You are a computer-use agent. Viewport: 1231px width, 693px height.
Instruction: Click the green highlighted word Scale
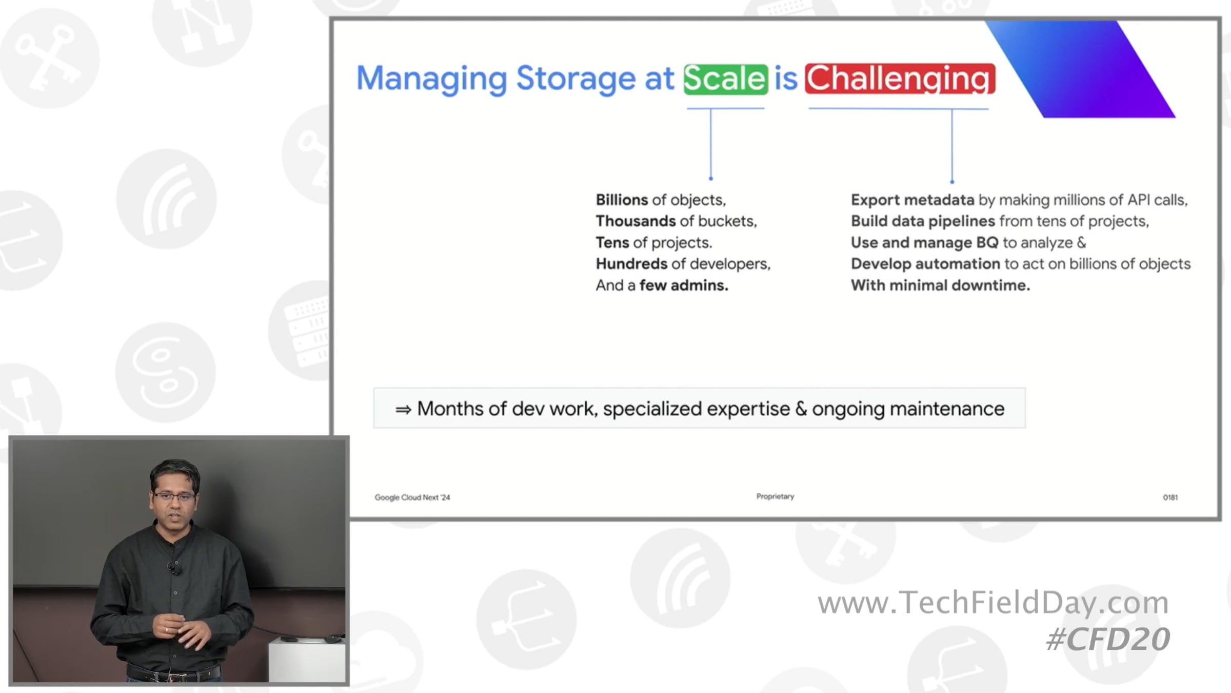click(x=725, y=79)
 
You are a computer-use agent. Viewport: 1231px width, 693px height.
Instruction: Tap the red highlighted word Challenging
click(x=900, y=79)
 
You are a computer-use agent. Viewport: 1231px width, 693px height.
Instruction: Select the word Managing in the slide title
click(x=431, y=80)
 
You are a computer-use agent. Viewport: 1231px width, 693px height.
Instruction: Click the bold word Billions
click(x=622, y=200)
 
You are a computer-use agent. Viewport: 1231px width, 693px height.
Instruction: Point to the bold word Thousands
click(x=636, y=221)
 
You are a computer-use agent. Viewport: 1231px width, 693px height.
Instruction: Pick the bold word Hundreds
click(x=631, y=263)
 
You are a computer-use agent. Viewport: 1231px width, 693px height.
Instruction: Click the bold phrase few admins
click(x=684, y=285)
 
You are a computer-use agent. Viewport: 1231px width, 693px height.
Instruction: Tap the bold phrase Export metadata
click(x=912, y=200)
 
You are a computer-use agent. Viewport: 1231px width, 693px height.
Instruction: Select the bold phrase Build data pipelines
click(x=923, y=221)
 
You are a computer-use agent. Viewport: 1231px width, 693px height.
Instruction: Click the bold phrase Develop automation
click(x=925, y=264)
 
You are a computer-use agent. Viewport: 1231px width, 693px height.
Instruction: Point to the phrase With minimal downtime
click(x=940, y=285)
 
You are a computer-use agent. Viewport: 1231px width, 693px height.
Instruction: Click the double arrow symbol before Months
click(x=403, y=410)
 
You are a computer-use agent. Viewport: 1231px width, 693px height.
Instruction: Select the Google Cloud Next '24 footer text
click(x=412, y=497)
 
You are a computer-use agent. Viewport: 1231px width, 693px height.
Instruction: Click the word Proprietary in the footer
click(x=775, y=496)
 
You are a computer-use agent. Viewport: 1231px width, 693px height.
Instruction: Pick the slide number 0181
click(x=1170, y=497)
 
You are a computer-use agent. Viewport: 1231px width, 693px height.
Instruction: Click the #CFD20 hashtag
click(x=1108, y=640)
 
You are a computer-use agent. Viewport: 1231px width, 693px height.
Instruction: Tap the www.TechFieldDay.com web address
click(x=993, y=602)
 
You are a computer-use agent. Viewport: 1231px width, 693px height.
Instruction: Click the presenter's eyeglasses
click(x=175, y=496)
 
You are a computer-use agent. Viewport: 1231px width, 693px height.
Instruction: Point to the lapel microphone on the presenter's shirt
click(x=173, y=568)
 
